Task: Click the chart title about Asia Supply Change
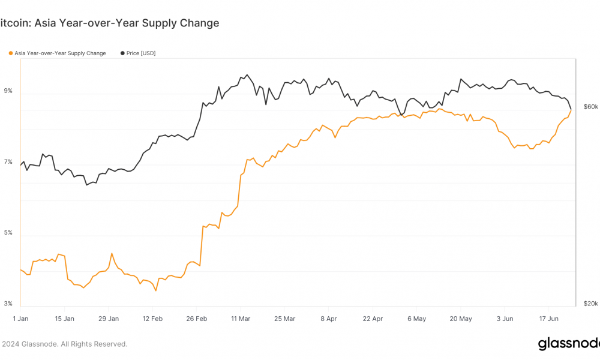coord(109,23)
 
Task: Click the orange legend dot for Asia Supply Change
coord(11,53)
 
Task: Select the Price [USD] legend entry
coord(138,53)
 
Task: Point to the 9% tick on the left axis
coord(8,91)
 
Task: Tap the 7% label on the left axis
coord(8,162)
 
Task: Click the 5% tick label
coord(8,233)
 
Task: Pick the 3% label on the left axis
coord(8,304)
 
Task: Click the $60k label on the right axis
coord(591,107)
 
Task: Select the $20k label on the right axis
coord(591,304)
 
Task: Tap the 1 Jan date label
coord(20,319)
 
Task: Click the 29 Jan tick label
coord(108,319)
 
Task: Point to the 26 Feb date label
coord(196,319)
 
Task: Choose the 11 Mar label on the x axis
coord(241,319)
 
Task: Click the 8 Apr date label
coord(329,319)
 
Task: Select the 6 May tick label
coord(417,319)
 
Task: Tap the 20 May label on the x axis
coord(461,319)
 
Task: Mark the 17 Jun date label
coord(549,319)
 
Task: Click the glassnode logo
coord(569,344)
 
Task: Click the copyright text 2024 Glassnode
coord(65,344)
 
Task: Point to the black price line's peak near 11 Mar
coord(247,74)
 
